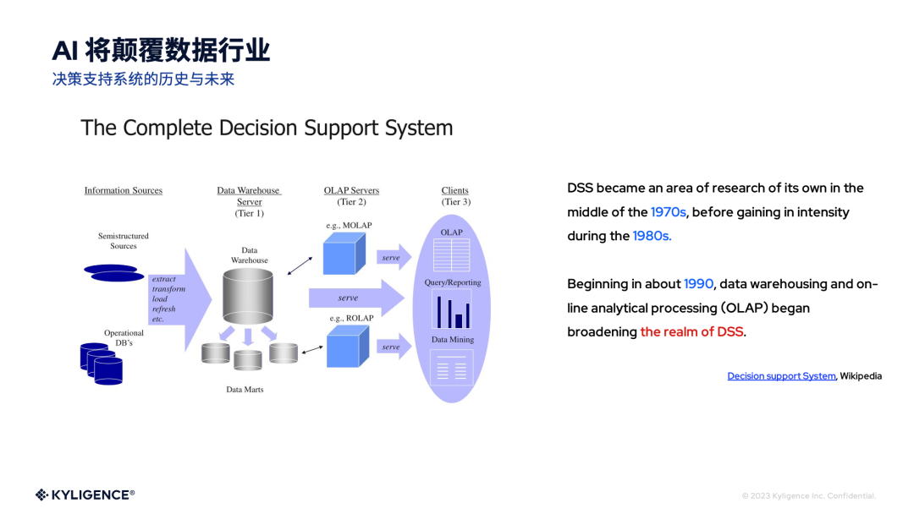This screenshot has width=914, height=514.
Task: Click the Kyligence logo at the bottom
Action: pyautogui.click(x=85, y=495)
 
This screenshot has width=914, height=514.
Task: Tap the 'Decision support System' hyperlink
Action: pyautogui.click(x=781, y=376)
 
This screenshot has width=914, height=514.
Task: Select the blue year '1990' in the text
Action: pyautogui.click(x=699, y=284)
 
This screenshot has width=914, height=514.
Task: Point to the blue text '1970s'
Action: pyautogui.click(x=668, y=212)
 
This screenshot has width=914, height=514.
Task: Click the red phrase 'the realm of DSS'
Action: pyautogui.click(x=691, y=332)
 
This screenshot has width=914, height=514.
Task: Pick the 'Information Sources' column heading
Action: pyautogui.click(x=124, y=190)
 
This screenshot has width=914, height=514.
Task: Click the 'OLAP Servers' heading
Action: pyautogui.click(x=351, y=190)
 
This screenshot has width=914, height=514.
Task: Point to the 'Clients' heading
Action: pyautogui.click(x=454, y=190)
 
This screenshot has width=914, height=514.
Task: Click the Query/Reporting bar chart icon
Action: pyautogui.click(x=452, y=309)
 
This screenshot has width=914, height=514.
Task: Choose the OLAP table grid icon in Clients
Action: pyautogui.click(x=451, y=254)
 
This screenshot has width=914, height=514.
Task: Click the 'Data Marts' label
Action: pyautogui.click(x=245, y=390)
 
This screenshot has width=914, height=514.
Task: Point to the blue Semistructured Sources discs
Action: pyautogui.click(x=114, y=273)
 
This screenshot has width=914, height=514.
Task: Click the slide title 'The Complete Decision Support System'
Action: pyautogui.click(x=267, y=128)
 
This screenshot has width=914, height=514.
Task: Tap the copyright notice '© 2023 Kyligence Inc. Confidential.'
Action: pyautogui.click(x=808, y=495)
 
